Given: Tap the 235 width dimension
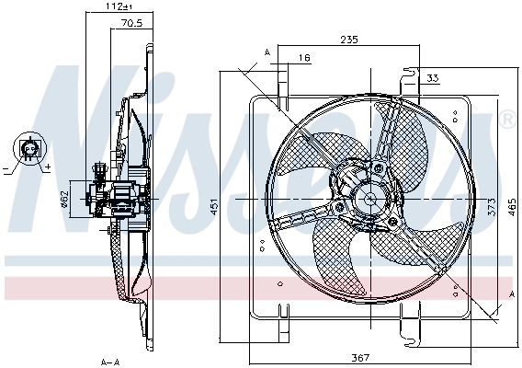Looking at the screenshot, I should point(348,40).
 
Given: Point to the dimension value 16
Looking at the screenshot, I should point(304,58).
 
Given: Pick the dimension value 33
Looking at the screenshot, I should point(433,78).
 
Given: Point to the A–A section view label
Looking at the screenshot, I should point(109,362).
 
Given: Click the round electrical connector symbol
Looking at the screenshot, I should point(30,148).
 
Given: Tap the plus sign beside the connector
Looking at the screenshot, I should point(47,168).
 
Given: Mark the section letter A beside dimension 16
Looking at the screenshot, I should point(267,52).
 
